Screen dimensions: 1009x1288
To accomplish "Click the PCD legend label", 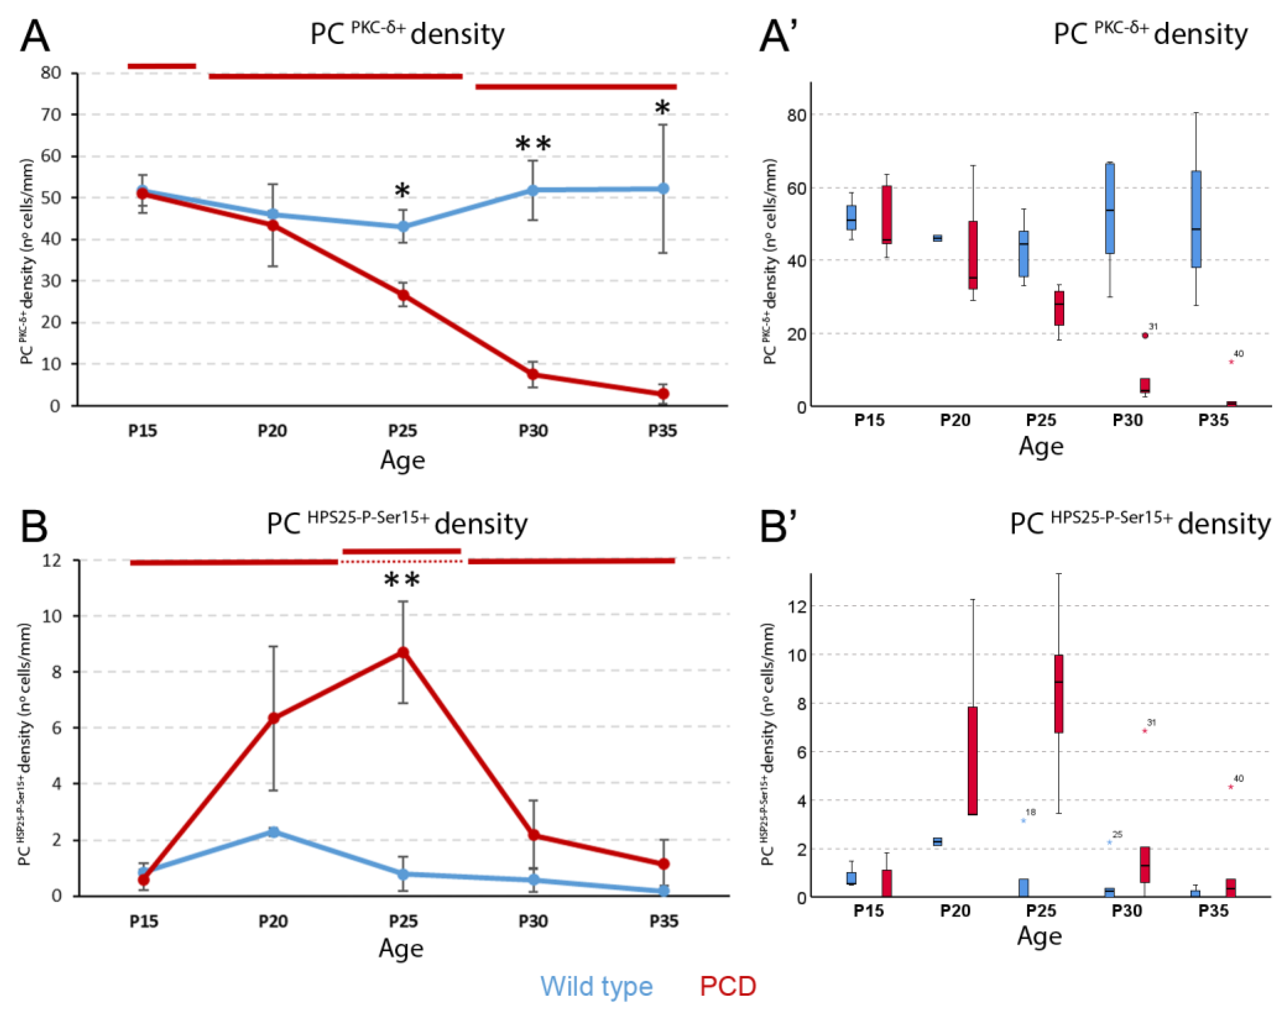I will click(x=728, y=986).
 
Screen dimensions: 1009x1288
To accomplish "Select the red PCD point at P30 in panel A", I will click(x=533, y=374).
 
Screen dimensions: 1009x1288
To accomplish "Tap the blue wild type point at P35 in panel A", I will click(x=663, y=189).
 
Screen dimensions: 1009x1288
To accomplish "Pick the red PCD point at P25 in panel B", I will click(x=403, y=652).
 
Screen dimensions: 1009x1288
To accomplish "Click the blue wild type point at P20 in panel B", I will click(x=273, y=832).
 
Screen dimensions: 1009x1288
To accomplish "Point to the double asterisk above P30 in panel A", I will click(x=533, y=144).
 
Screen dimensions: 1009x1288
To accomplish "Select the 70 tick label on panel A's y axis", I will click(x=51, y=114).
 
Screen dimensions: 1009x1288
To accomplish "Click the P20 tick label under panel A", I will click(x=272, y=431).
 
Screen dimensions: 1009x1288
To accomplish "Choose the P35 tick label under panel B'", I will click(x=1213, y=910).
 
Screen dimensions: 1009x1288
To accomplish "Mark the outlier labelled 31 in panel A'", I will click(x=1145, y=336).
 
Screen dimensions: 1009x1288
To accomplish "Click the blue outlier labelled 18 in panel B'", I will click(x=1023, y=820).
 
